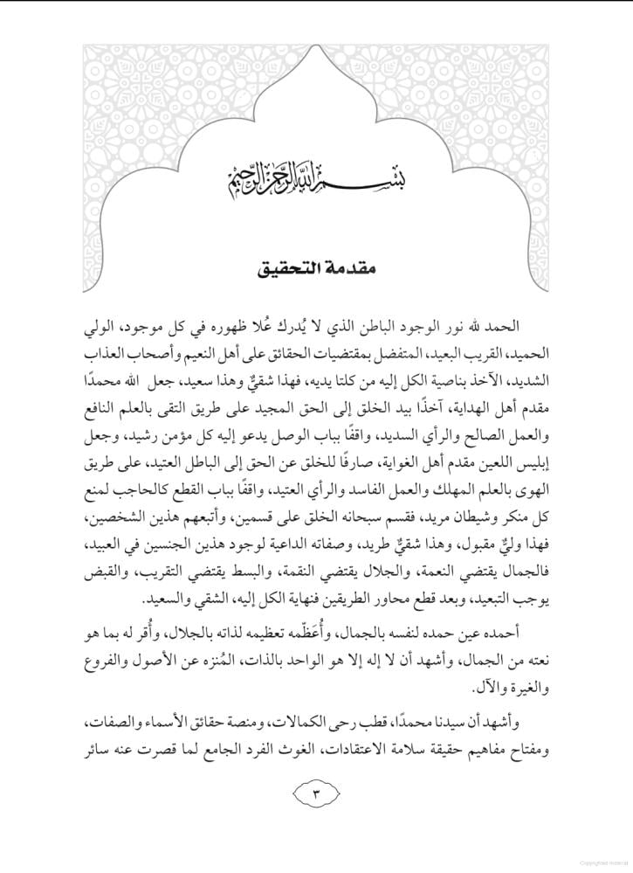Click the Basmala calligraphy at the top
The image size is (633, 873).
(x=317, y=184)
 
